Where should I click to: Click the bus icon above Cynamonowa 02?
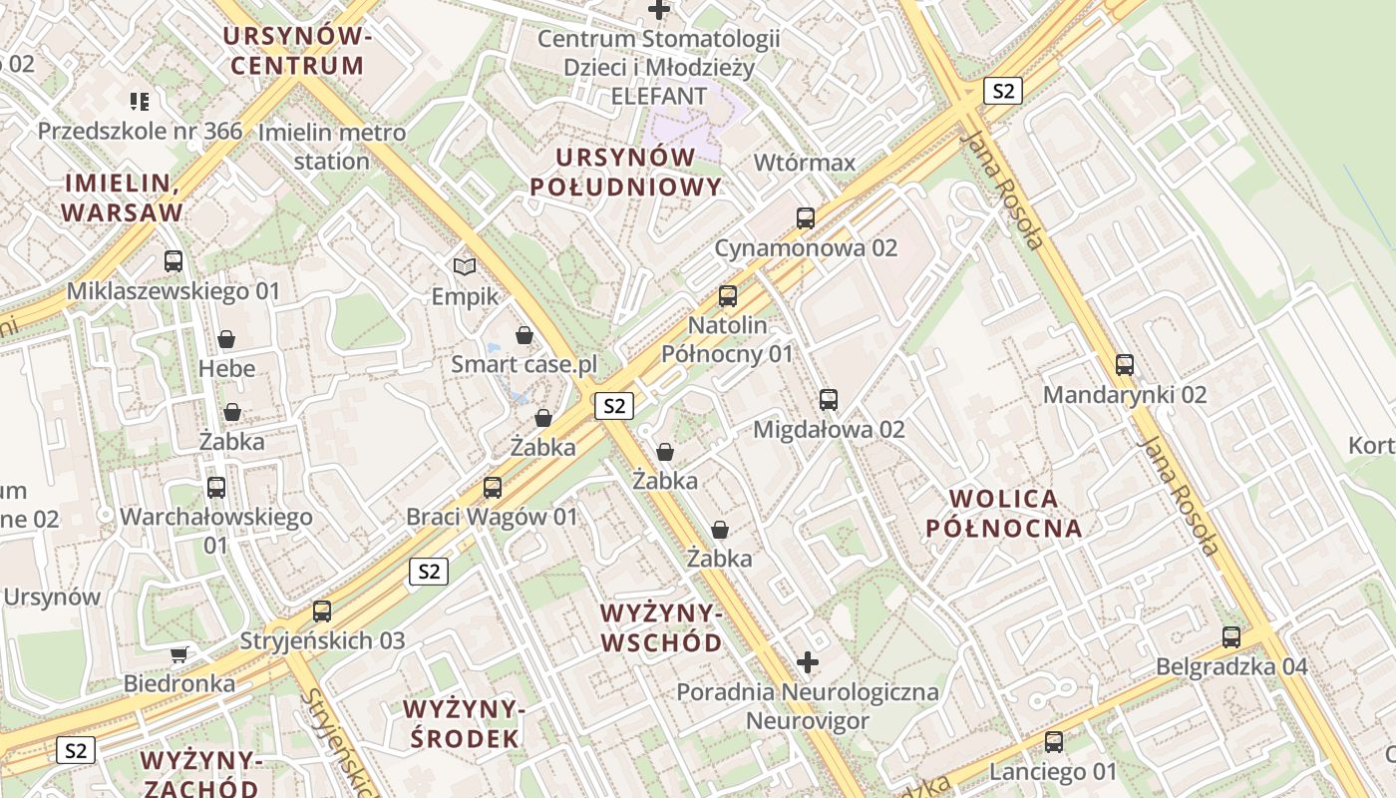(x=806, y=217)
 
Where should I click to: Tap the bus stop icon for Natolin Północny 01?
(x=728, y=296)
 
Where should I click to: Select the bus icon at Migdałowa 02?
(x=829, y=400)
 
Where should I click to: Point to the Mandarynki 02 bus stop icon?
(x=1125, y=365)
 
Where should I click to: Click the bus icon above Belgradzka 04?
(x=1231, y=636)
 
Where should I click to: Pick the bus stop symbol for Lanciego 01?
(x=1054, y=742)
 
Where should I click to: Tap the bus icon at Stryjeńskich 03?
(x=322, y=611)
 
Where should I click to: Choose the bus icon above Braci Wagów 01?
(x=493, y=488)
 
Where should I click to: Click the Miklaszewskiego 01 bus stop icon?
(x=174, y=261)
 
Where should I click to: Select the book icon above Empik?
(x=465, y=266)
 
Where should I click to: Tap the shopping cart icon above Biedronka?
(x=179, y=654)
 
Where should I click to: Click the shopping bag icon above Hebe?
(x=226, y=339)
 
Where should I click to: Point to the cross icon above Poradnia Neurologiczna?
(x=808, y=661)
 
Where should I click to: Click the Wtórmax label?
(x=805, y=163)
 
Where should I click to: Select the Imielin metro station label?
(x=332, y=147)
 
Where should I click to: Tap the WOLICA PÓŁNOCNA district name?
(x=1004, y=513)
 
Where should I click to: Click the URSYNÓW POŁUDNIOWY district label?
(x=625, y=172)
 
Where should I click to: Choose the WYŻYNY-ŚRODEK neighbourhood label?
(x=463, y=723)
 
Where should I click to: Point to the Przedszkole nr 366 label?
(x=141, y=131)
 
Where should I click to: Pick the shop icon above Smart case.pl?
(x=524, y=335)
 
